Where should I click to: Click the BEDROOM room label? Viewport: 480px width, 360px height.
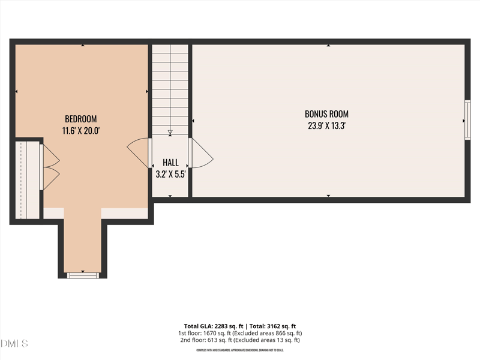click(80, 119)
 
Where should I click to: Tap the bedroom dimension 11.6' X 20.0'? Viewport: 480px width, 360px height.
click(80, 130)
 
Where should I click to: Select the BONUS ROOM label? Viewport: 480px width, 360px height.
click(326, 114)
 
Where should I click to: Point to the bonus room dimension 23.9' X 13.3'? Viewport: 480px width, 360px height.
click(326, 125)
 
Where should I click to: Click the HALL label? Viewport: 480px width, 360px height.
click(170, 163)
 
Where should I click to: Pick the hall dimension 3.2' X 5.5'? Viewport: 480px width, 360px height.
click(170, 175)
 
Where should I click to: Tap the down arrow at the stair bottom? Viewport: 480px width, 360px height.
click(170, 133)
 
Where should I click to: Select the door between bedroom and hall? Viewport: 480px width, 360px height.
click(140, 153)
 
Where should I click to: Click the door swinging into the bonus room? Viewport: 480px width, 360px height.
click(201, 154)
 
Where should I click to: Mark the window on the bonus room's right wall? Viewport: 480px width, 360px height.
click(467, 121)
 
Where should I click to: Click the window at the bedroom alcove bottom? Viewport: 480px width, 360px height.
click(83, 275)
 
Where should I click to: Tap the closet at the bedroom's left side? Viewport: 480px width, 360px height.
click(26, 180)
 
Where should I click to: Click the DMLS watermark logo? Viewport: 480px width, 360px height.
click(14, 344)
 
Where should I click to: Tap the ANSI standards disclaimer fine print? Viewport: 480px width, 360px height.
click(239, 350)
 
